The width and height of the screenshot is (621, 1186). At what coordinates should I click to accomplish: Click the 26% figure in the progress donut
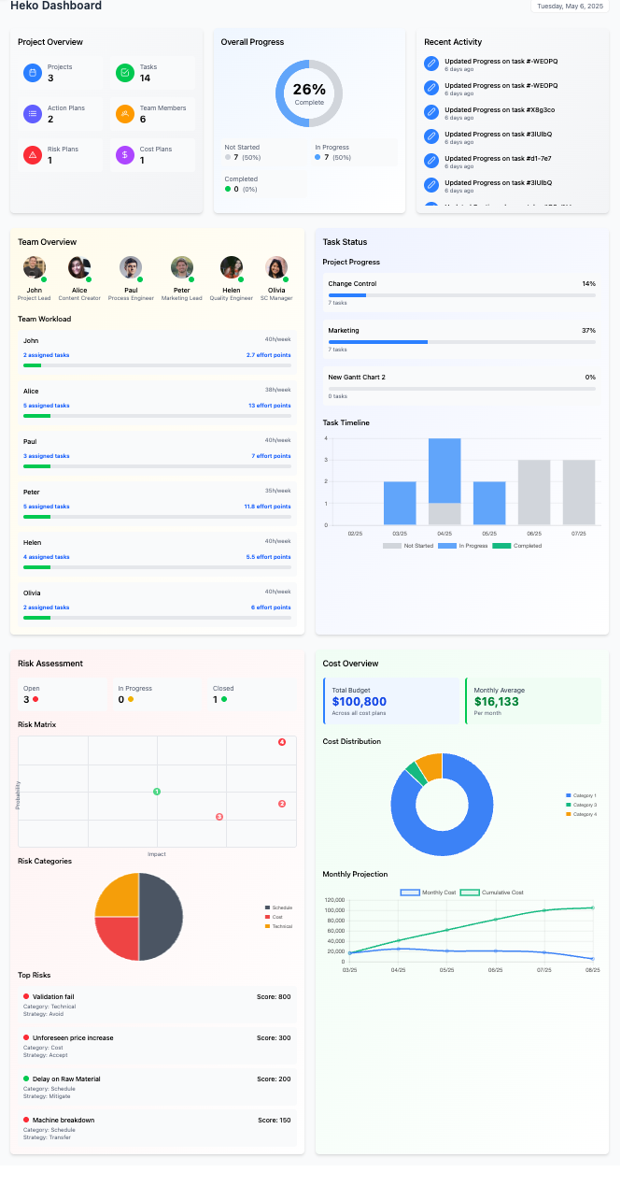pos(308,91)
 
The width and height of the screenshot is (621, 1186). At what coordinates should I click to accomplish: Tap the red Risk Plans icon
pos(32,155)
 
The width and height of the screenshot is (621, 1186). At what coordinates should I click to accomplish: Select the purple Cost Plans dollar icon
pos(124,155)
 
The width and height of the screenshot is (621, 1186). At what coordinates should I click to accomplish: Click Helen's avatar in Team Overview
pos(231,267)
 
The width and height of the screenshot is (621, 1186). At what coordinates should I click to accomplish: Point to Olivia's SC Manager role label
pos(276,298)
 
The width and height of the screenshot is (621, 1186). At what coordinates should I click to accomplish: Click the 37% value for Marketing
pos(588,331)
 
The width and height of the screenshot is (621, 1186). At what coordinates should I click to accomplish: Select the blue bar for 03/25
pos(400,503)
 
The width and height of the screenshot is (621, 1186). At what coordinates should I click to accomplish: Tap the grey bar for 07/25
pos(579,492)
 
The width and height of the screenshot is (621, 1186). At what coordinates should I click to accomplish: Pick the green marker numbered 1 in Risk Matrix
pos(157,792)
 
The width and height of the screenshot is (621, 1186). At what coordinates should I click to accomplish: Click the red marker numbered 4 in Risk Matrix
pos(282,742)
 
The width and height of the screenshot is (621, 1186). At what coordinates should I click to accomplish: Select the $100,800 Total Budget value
pos(360,702)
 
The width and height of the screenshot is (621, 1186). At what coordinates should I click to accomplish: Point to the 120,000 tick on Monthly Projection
pos(333,901)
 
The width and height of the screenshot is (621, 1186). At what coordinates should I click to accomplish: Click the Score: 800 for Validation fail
pos(274,997)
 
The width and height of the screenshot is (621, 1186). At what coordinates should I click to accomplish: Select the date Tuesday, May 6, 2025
pos(570,6)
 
